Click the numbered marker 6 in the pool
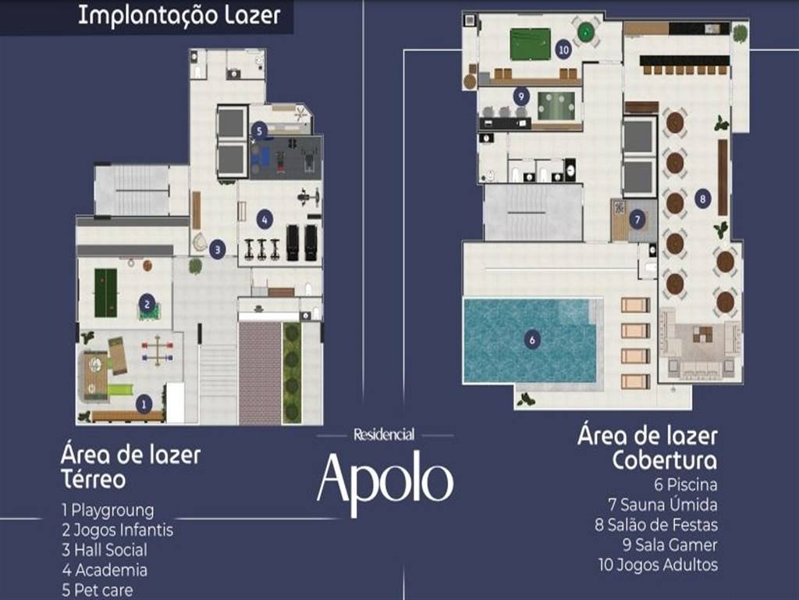pyautogui.click(x=532, y=340)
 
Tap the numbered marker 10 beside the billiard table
pyautogui.click(x=563, y=50)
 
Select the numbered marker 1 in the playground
pyautogui.click(x=144, y=404)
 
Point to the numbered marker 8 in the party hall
pyautogui.click(x=703, y=198)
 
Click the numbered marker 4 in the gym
pyautogui.click(x=264, y=220)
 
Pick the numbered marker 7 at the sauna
pyautogui.click(x=637, y=220)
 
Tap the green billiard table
pyautogui.click(x=531, y=44)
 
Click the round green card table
pyautogui.click(x=585, y=32)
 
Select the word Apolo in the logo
pyautogui.click(x=385, y=481)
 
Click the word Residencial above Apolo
pyautogui.click(x=384, y=434)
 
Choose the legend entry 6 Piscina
pyautogui.click(x=686, y=484)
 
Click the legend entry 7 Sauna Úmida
pyautogui.click(x=663, y=505)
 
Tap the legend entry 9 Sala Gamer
pyautogui.click(x=669, y=545)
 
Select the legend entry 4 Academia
pyautogui.click(x=105, y=570)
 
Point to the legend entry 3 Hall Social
pyautogui.click(x=105, y=550)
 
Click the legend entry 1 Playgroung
pyautogui.click(x=108, y=510)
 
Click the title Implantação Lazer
pyautogui.click(x=179, y=16)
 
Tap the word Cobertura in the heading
pyautogui.click(x=665, y=460)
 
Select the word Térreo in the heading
pyautogui.click(x=94, y=479)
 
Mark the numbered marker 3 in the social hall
pyautogui.click(x=217, y=249)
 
